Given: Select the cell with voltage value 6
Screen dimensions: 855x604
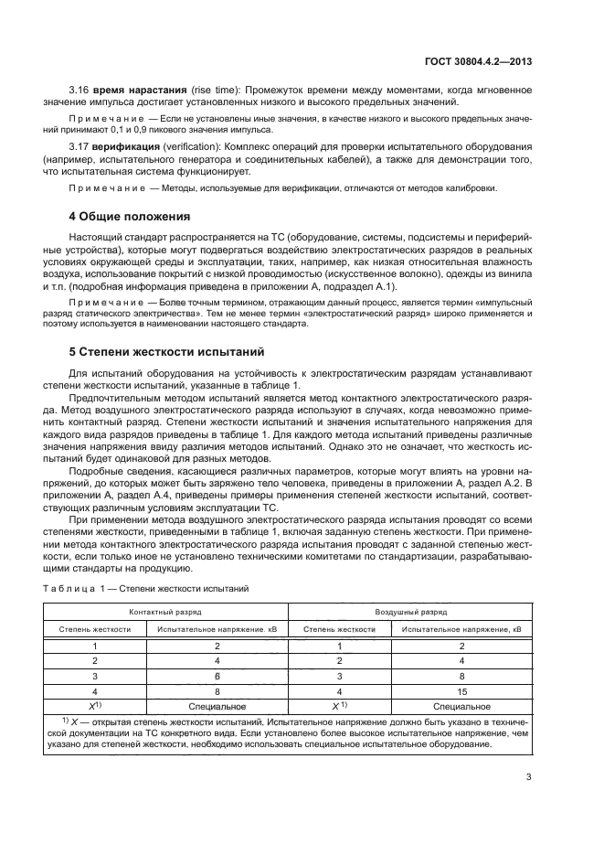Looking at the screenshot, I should [217, 675].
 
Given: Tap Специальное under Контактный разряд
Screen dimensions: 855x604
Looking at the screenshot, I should [217, 706].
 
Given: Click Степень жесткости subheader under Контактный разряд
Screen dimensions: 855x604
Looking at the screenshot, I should [95, 629].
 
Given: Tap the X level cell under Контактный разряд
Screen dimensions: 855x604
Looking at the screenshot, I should [95, 706].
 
